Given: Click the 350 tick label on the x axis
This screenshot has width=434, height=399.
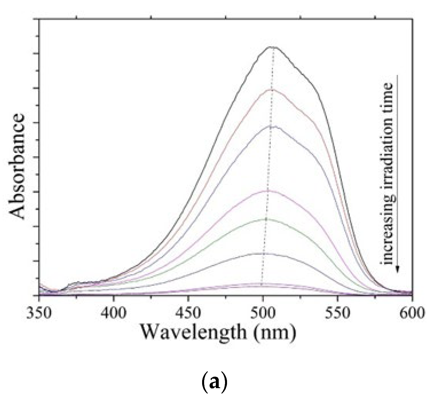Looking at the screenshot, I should (x=39, y=313).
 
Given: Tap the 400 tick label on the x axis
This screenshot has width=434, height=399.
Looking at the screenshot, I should (x=114, y=313).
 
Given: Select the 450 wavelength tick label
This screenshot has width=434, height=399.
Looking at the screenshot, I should (x=188, y=313).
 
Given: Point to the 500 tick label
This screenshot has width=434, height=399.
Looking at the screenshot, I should (x=263, y=313).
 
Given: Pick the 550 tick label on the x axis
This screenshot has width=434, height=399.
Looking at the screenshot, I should (x=338, y=313).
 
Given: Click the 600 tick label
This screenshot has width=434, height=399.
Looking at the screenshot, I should (x=412, y=313).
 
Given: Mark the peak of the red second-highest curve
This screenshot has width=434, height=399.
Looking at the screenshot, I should (x=271, y=89).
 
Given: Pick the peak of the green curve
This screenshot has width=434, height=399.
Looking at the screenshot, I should (x=266, y=219).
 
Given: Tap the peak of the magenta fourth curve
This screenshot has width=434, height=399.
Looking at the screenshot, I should (x=268, y=191).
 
